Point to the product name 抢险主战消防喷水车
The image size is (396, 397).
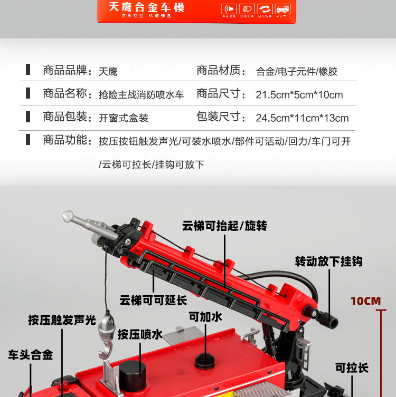click(141, 95)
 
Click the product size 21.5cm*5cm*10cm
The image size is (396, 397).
click(299, 95)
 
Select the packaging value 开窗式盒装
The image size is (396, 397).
click(124, 118)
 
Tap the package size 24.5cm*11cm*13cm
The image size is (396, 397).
click(302, 118)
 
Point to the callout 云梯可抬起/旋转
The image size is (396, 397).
click(224, 226)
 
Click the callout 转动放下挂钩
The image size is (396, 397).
click(328, 261)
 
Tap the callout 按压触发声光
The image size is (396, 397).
click(62, 320)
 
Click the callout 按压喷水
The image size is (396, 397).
click(140, 334)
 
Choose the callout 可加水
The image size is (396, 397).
click(205, 316)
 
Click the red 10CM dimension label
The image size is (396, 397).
click(365, 301)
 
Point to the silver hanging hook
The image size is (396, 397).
click(107, 332)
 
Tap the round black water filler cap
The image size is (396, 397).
click(205, 361)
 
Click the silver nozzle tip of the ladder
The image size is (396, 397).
click(70, 216)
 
